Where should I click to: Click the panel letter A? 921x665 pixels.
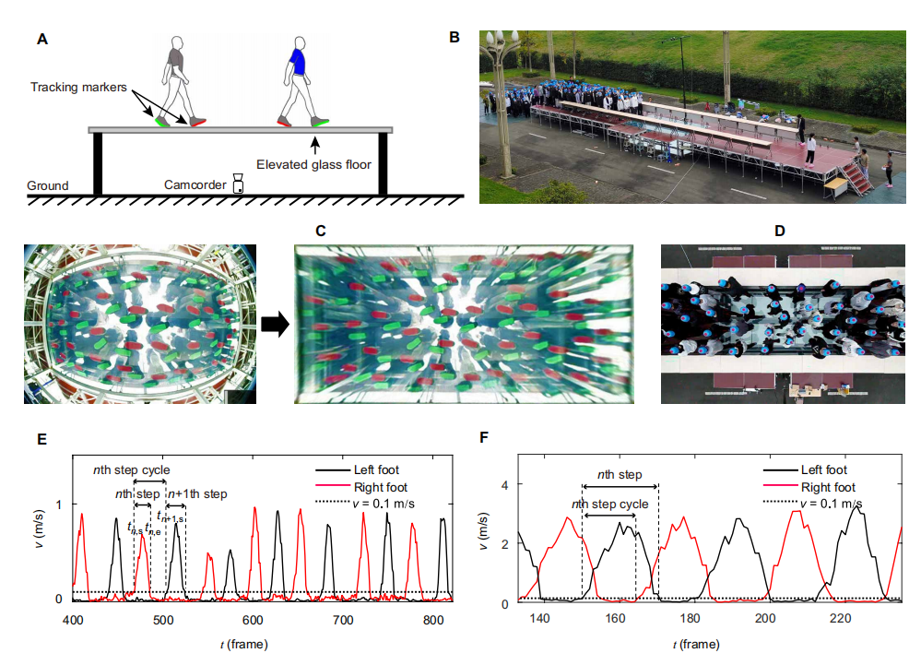[41, 40]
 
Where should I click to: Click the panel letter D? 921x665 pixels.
[780, 230]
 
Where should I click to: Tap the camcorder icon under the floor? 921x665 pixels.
[238, 183]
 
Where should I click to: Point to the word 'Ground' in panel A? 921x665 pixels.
[47, 185]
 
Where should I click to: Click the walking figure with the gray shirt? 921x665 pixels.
[175, 81]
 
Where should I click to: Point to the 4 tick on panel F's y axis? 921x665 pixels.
[504, 484]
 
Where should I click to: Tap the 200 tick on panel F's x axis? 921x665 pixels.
[765, 621]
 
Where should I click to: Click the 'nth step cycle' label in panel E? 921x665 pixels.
[131, 470]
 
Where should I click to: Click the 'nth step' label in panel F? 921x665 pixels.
[620, 476]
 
